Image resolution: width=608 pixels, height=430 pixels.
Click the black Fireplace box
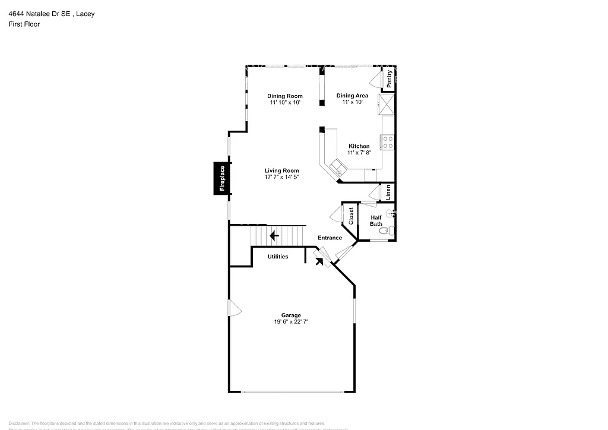click(222, 178)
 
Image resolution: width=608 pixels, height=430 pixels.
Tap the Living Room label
click(281, 170)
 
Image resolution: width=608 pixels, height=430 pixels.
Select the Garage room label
click(291, 315)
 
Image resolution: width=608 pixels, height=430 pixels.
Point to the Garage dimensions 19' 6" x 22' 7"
click(291, 322)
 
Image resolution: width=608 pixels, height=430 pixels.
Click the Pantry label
click(389, 80)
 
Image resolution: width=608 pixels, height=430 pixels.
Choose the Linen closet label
click(388, 192)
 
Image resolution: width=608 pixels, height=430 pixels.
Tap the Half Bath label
click(376, 220)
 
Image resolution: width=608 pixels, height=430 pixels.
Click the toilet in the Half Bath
click(387, 231)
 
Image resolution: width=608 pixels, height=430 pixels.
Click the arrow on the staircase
click(274, 236)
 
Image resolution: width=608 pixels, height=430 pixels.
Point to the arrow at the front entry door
click(319, 260)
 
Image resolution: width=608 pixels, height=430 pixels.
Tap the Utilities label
click(277, 257)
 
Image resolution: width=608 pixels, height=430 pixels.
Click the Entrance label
click(330, 238)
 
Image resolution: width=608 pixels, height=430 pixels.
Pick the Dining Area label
click(352, 96)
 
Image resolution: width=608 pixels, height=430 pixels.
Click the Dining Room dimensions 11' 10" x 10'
click(285, 102)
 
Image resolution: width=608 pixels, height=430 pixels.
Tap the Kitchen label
click(359, 146)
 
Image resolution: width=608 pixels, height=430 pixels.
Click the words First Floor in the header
click(24, 24)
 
